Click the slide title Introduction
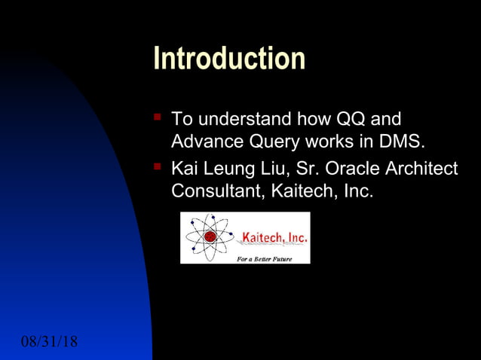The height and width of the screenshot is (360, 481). [x=229, y=59]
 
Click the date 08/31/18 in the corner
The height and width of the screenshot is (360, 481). [x=49, y=342]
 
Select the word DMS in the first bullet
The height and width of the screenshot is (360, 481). [x=405, y=142]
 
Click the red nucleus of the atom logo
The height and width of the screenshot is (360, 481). [x=210, y=236]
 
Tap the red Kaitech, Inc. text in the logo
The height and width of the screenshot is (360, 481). [x=274, y=238]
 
